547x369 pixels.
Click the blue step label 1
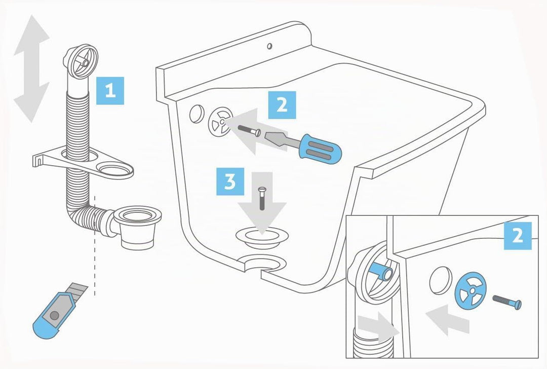click(110, 91)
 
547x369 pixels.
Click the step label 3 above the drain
click(230, 181)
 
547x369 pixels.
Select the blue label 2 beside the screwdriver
click(282, 105)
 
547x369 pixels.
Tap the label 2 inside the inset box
click(518, 236)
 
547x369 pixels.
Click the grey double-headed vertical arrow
click(31, 68)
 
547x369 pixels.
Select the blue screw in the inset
click(507, 301)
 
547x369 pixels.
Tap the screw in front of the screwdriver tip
click(249, 130)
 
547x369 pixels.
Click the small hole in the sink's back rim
click(269, 46)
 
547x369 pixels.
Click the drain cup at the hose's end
click(137, 227)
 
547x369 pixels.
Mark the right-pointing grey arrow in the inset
click(378, 327)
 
